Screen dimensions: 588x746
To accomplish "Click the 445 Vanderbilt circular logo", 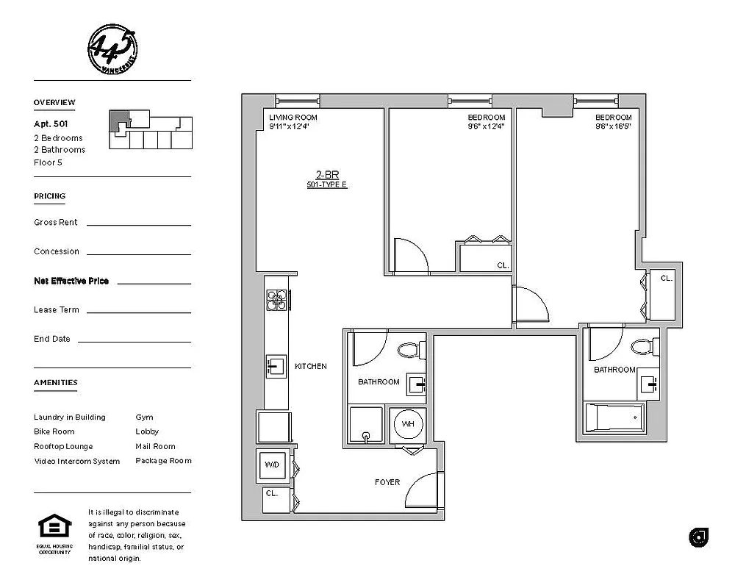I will click(x=112, y=49).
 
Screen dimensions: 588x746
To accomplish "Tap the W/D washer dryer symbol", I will click(x=271, y=465).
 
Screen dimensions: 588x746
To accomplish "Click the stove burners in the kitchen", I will click(x=276, y=300).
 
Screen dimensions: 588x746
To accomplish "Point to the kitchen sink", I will click(x=275, y=365).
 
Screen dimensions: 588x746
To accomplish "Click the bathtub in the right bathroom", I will click(x=614, y=418).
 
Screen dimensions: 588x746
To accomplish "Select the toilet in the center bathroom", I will click(x=409, y=350).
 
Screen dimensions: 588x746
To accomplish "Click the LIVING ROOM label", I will click(x=293, y=118).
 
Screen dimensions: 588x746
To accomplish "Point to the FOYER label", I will click(x=387, y=482).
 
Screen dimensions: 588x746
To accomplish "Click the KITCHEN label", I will click(x=310, y=366).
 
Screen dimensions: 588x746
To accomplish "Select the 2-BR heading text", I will click(x=326, y=175).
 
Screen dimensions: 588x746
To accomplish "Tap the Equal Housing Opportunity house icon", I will click(x=55, y=528).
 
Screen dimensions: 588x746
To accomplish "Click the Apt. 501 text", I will click(x=51, y=124).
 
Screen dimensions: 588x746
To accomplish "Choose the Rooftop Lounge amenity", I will click(x=64, y=446).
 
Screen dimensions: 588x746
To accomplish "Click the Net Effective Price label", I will click(x=71, y=281).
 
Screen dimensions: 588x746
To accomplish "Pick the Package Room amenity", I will click(x=163, y=461).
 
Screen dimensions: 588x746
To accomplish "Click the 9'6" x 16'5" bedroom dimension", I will click(x=613, y=126).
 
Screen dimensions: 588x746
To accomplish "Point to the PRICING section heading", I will click(x=49, y=196).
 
